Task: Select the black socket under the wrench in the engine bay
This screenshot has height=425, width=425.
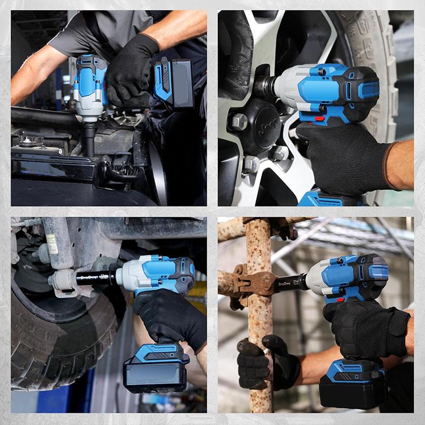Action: click(x=90, y=139)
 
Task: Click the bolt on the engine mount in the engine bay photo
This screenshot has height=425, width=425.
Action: click(x=25, y=140)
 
